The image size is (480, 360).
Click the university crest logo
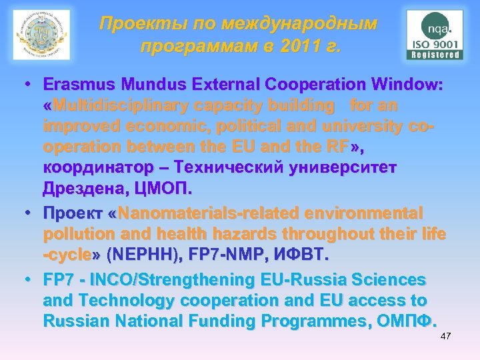coord(41,35)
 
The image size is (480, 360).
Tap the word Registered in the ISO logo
coord(435,55)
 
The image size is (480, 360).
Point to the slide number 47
coord(445,335)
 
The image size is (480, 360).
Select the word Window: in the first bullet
coord(411,85)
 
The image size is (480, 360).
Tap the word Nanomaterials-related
coord(199,214)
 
